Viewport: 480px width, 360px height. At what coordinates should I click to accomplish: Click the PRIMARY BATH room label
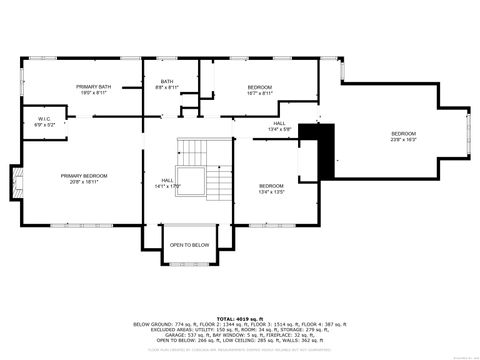click(93, 88)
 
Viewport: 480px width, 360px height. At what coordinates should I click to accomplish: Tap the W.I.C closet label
click(45, 120)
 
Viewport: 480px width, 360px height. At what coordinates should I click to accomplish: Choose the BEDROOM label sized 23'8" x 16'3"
click(403, 134)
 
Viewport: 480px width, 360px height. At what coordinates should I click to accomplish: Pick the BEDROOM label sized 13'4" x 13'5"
click(272, 186)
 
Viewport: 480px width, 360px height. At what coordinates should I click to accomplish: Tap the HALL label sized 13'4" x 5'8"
click(279, 125)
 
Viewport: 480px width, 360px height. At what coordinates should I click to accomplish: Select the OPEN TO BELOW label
click(188, 245)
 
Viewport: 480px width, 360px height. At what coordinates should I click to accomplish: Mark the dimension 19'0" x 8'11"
click(93, 93)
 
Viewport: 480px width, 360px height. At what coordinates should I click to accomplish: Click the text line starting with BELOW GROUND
click(239, 324)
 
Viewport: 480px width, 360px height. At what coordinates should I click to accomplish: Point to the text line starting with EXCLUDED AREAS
click(239, 330)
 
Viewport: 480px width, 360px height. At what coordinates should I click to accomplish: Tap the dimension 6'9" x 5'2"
click(45, 125)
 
